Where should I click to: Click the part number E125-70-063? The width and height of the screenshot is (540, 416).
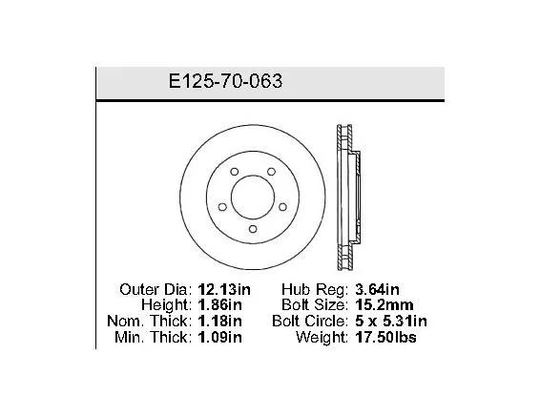225,81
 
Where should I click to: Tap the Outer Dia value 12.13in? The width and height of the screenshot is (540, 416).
224,289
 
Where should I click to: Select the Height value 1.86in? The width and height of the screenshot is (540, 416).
219,304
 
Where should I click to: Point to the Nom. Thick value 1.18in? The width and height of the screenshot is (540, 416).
219,321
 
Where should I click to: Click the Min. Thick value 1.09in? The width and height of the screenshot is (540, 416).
219,337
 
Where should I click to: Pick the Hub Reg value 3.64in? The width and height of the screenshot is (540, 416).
377,289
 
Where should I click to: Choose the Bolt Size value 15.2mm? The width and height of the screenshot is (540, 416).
384,304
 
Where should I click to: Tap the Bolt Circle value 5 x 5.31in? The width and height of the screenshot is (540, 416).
391,321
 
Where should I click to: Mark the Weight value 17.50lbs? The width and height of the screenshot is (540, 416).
385,337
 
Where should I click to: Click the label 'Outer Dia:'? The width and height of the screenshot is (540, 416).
156,289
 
